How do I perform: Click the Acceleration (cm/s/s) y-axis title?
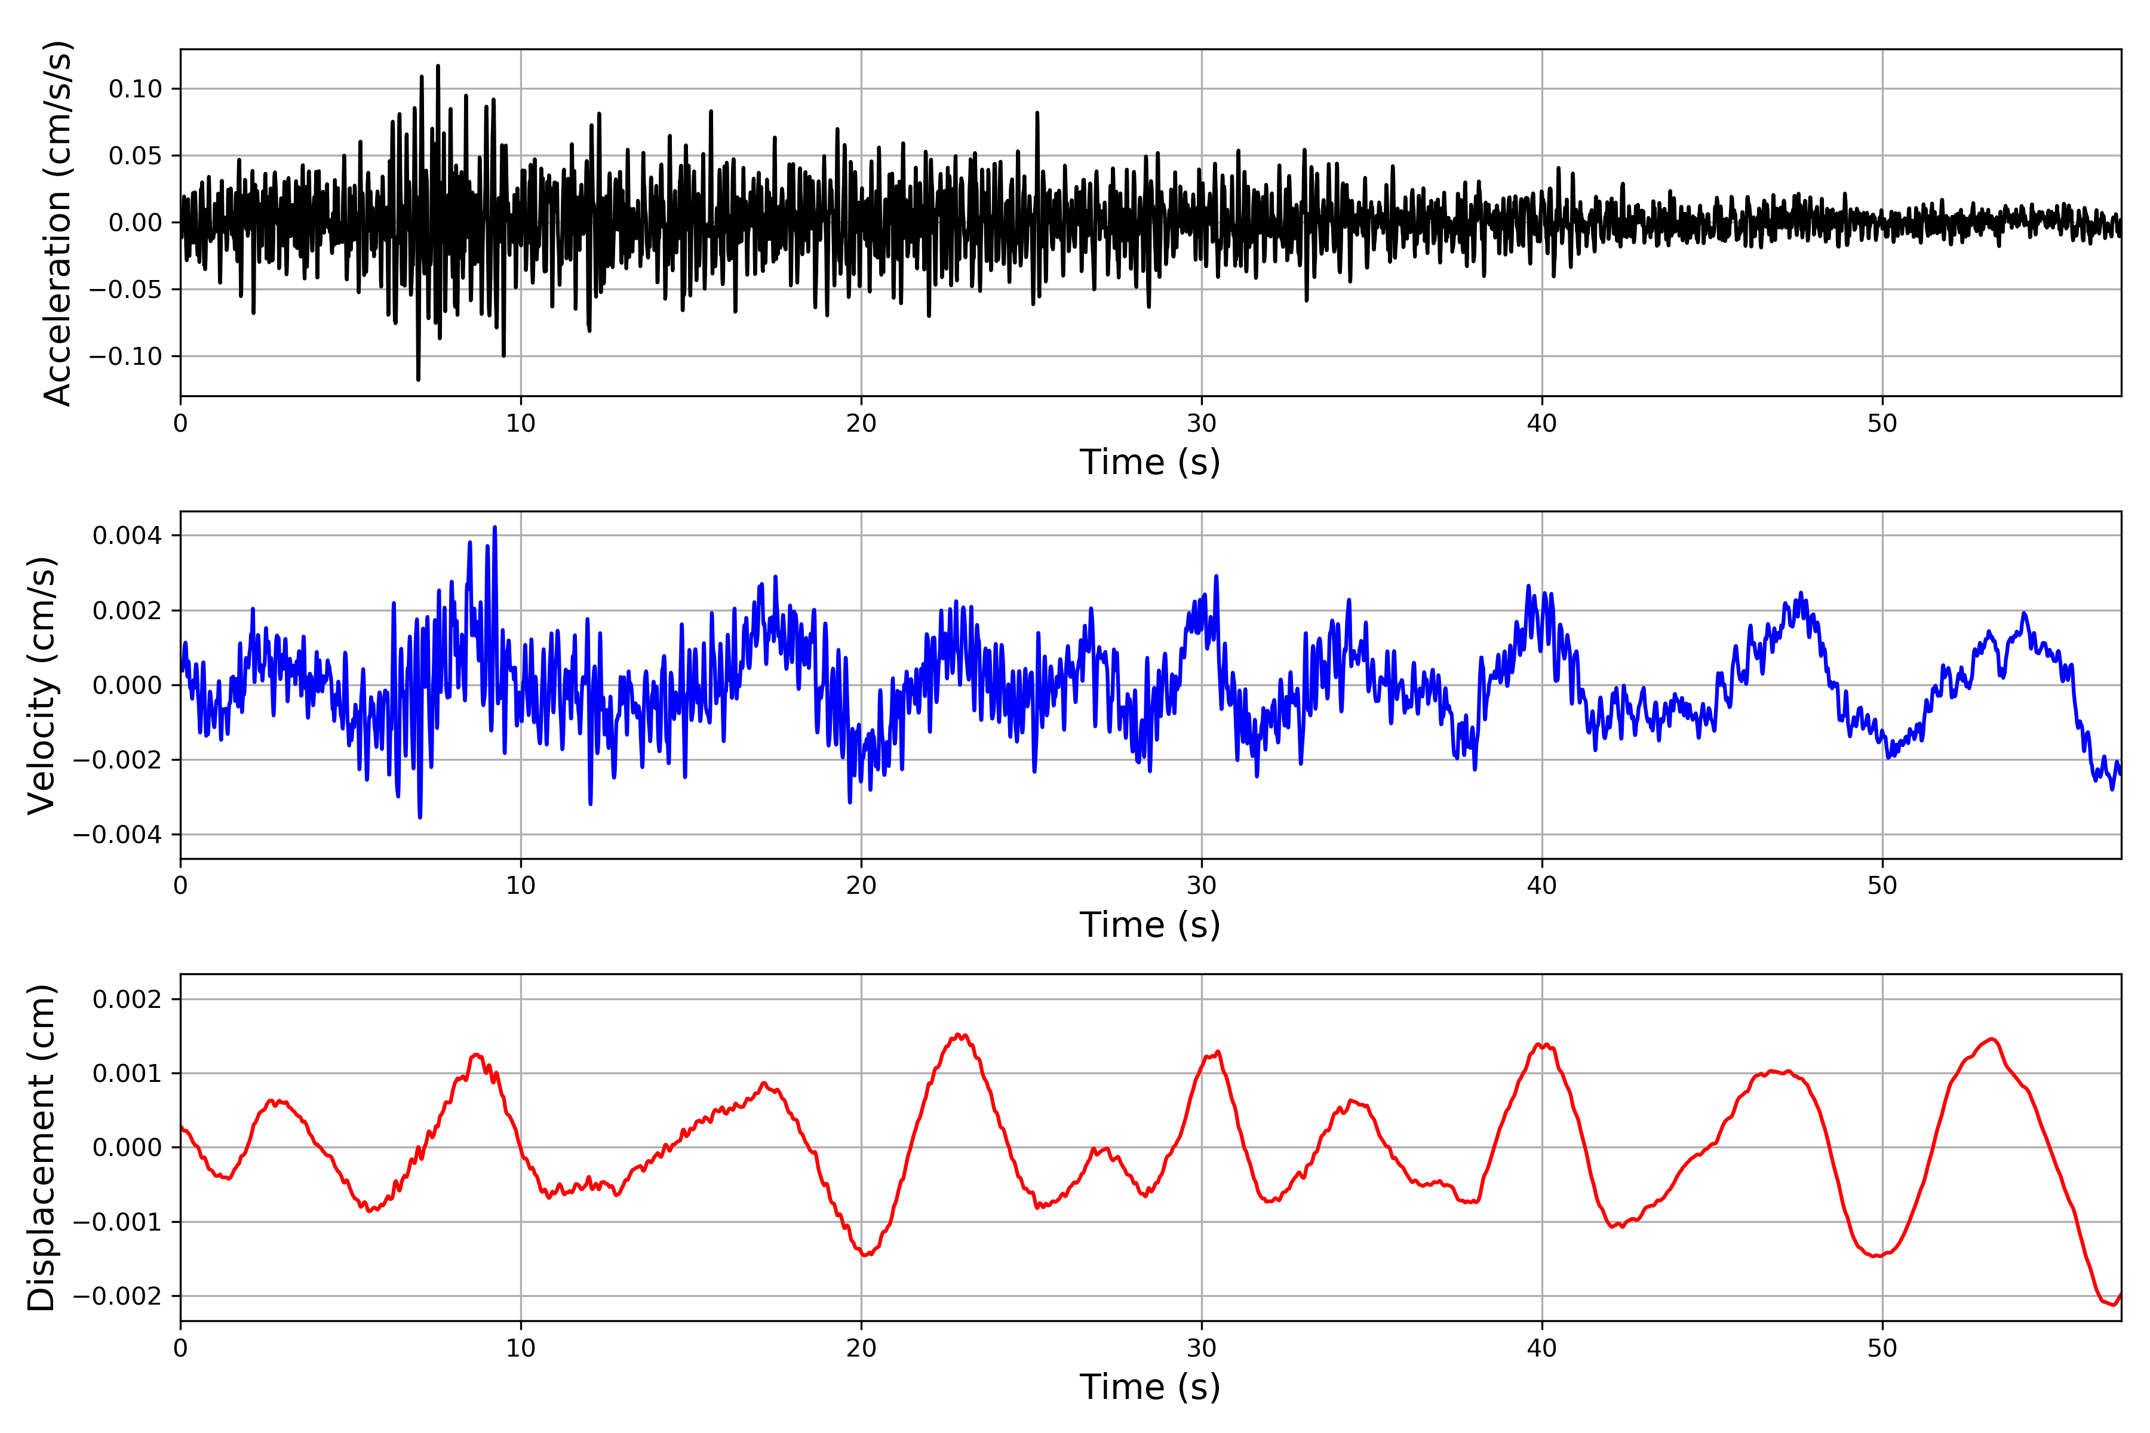coord(57,223)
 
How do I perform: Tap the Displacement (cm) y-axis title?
coord(42,1148)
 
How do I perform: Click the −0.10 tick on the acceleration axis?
coord(126,356)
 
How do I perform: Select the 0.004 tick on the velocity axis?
coord(127,536)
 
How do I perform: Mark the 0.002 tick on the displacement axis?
coord(127,999)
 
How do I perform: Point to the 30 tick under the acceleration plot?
coord(1201,424)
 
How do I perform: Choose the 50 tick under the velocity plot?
coord(1882,885)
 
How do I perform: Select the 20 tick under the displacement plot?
coord(861,1348)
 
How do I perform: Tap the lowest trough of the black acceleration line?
coord(419,379)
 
